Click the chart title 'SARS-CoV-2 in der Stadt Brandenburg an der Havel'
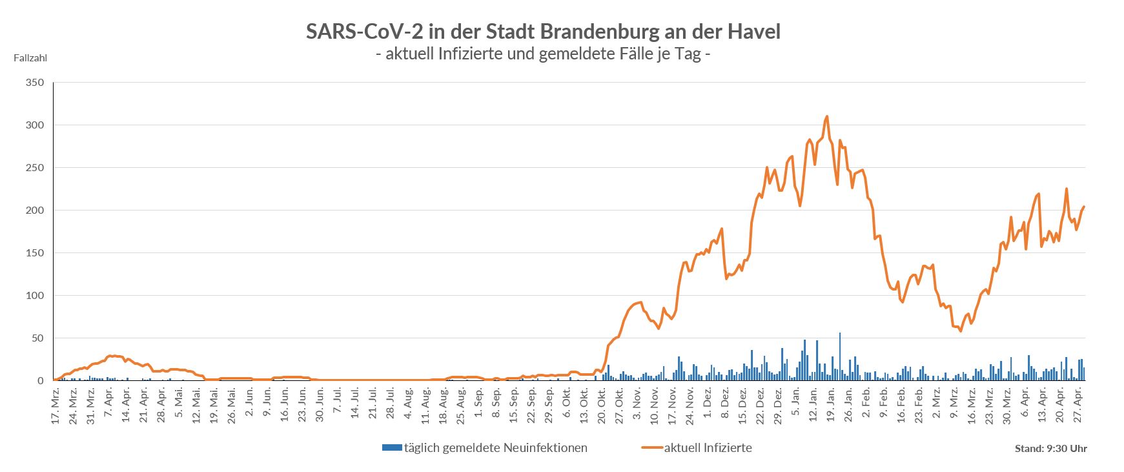click(x=543, y=31)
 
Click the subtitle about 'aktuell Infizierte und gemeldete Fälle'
click(x=543, y=54)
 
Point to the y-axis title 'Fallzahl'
click(x=30, y=57)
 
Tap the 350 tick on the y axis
click(x=35, y=83)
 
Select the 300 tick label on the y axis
click(x=35, y=125)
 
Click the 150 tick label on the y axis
click(x=35, y=253)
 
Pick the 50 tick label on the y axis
click(x=37, y=338)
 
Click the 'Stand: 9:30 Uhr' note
click(x=1050, y=448)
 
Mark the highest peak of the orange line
click(x=827, y=117)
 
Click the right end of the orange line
click(x=1084, y=207)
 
